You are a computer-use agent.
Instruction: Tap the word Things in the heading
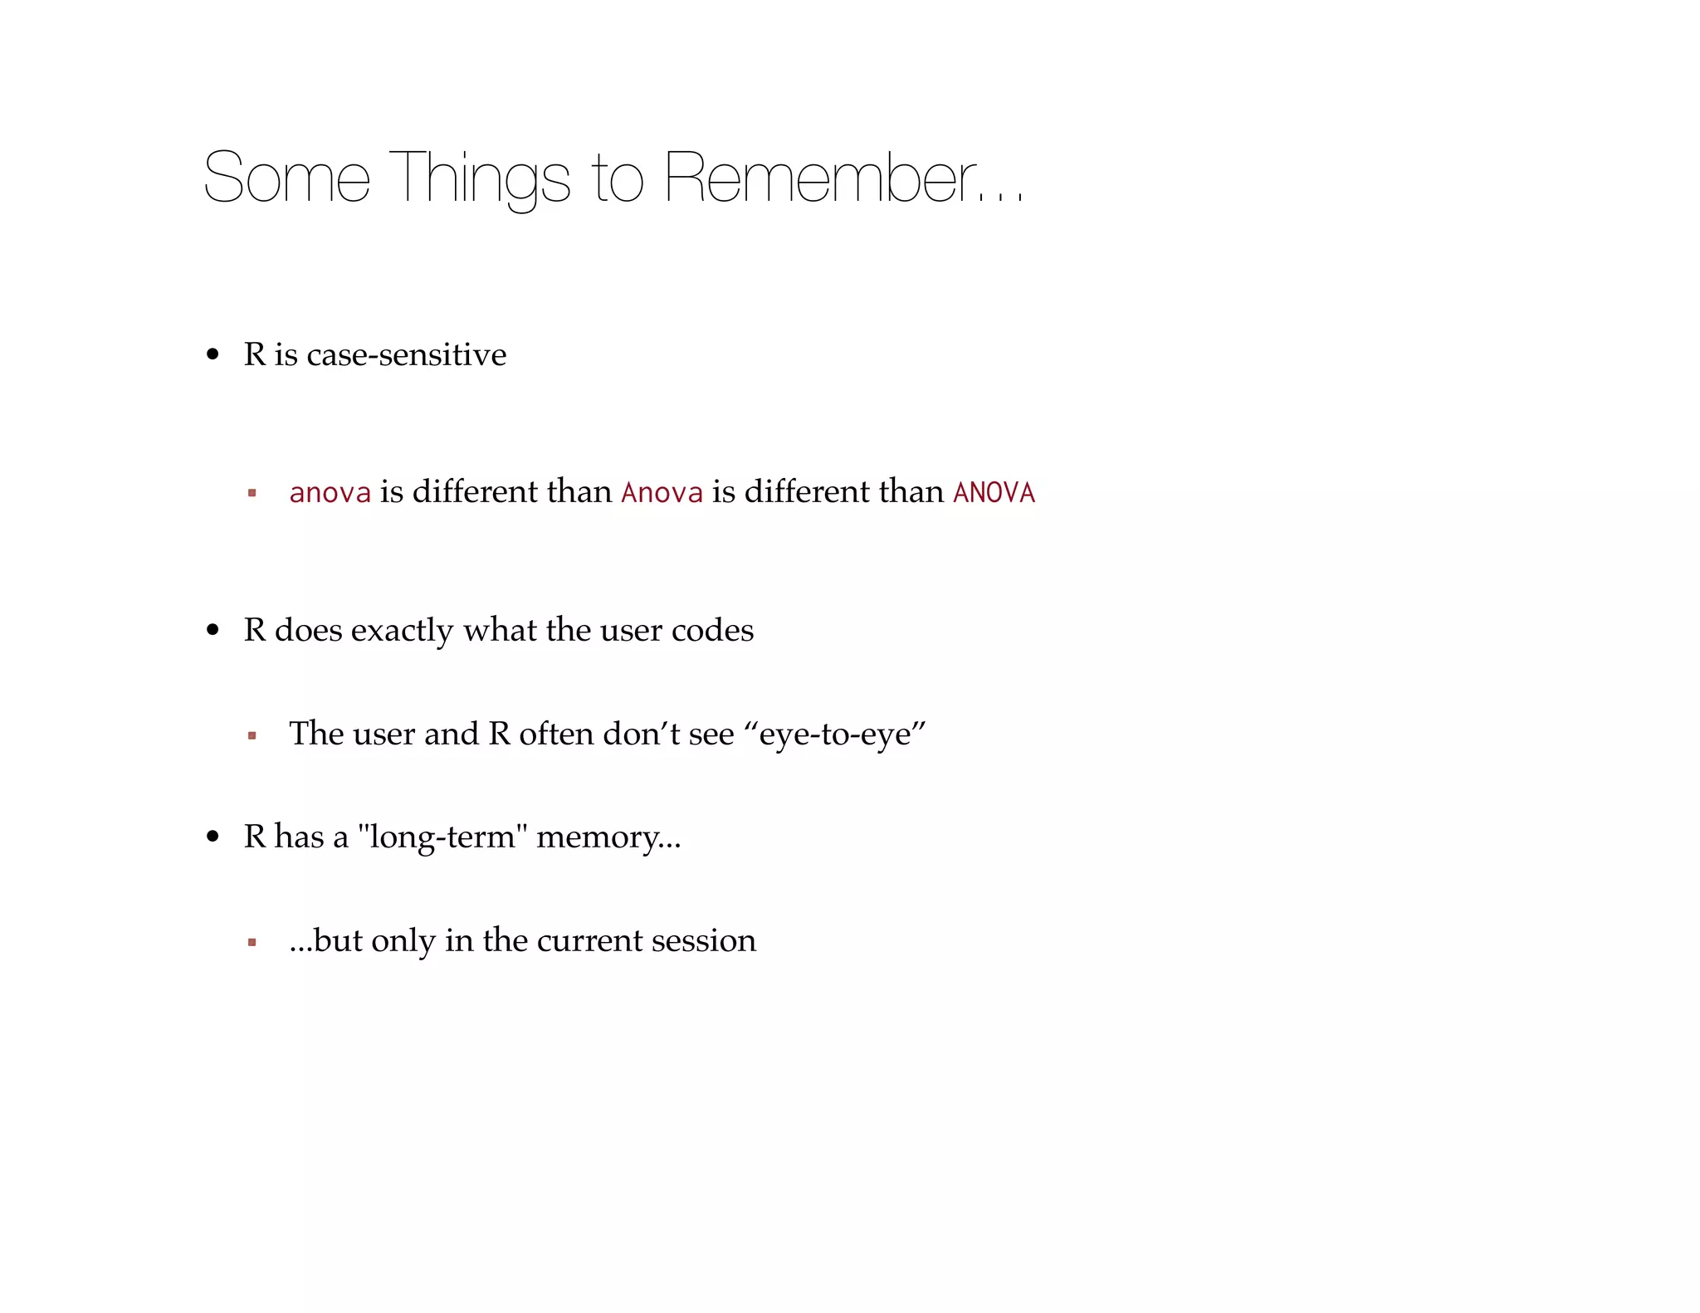pos(479,178)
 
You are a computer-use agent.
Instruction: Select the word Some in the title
pos(286,178)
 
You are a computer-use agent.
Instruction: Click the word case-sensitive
pos(406,354)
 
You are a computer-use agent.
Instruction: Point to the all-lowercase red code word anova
pos(330,492)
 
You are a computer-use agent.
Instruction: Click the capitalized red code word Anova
pos(662,492)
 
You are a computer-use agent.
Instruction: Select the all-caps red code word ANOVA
pos(994,492)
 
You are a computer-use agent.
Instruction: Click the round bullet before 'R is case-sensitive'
pos(213,354)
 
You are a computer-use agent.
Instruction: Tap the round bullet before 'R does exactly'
pos(213,631)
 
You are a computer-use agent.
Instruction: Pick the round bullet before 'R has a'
pos(213,837)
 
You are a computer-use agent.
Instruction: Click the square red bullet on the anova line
pos(252,493)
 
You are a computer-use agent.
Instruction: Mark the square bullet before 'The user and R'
pos(252,735)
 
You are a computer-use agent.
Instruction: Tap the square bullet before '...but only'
pos(252,942)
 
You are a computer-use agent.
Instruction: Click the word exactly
pos(402,631)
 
